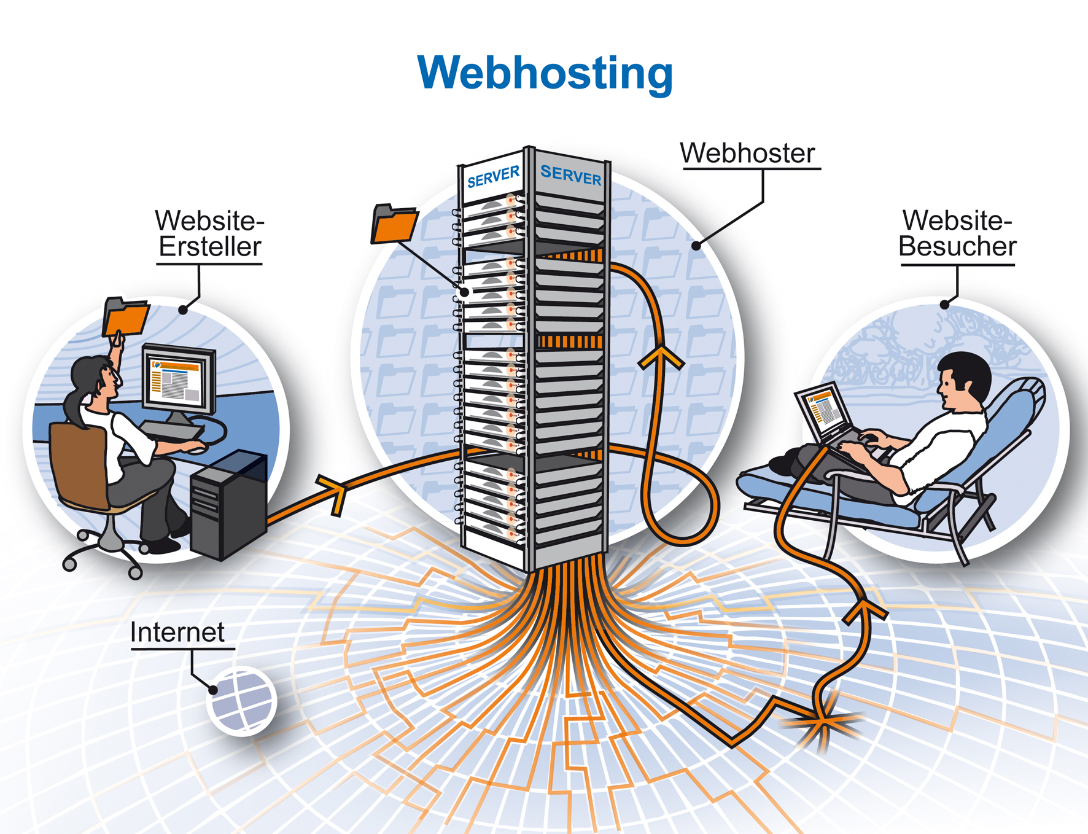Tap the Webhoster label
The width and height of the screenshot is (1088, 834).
pyautogui.click(x=748, y=153)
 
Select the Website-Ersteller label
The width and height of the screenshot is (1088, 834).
pyautogui.click(x=209, y=234)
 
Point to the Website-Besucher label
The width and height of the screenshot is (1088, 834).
pyautogui.click(x=957, y=234)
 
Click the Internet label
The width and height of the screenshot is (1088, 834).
pyautogui.click(x=177, y=633)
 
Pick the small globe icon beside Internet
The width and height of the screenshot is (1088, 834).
pyautogui.click(x=243, y=701)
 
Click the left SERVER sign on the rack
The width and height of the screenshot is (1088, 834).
pyautogui.click(x=493, y=177)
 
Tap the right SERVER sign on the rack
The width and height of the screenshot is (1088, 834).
pyautogui.click(x=570, y=176)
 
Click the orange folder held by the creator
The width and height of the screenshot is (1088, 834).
pyautogui.click(x=126, y=317)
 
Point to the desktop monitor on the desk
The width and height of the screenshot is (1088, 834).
pyautogui.click(x=179, y=380)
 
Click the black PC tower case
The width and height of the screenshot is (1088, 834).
pyautogui.click(x=228, y=504)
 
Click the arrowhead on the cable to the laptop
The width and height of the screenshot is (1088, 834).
pyautogui.click(x=865, y=611)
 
